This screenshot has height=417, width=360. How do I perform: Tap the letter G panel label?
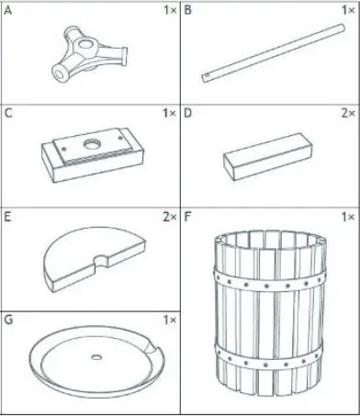(8, 321)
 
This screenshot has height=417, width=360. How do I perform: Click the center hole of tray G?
(95, 355)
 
